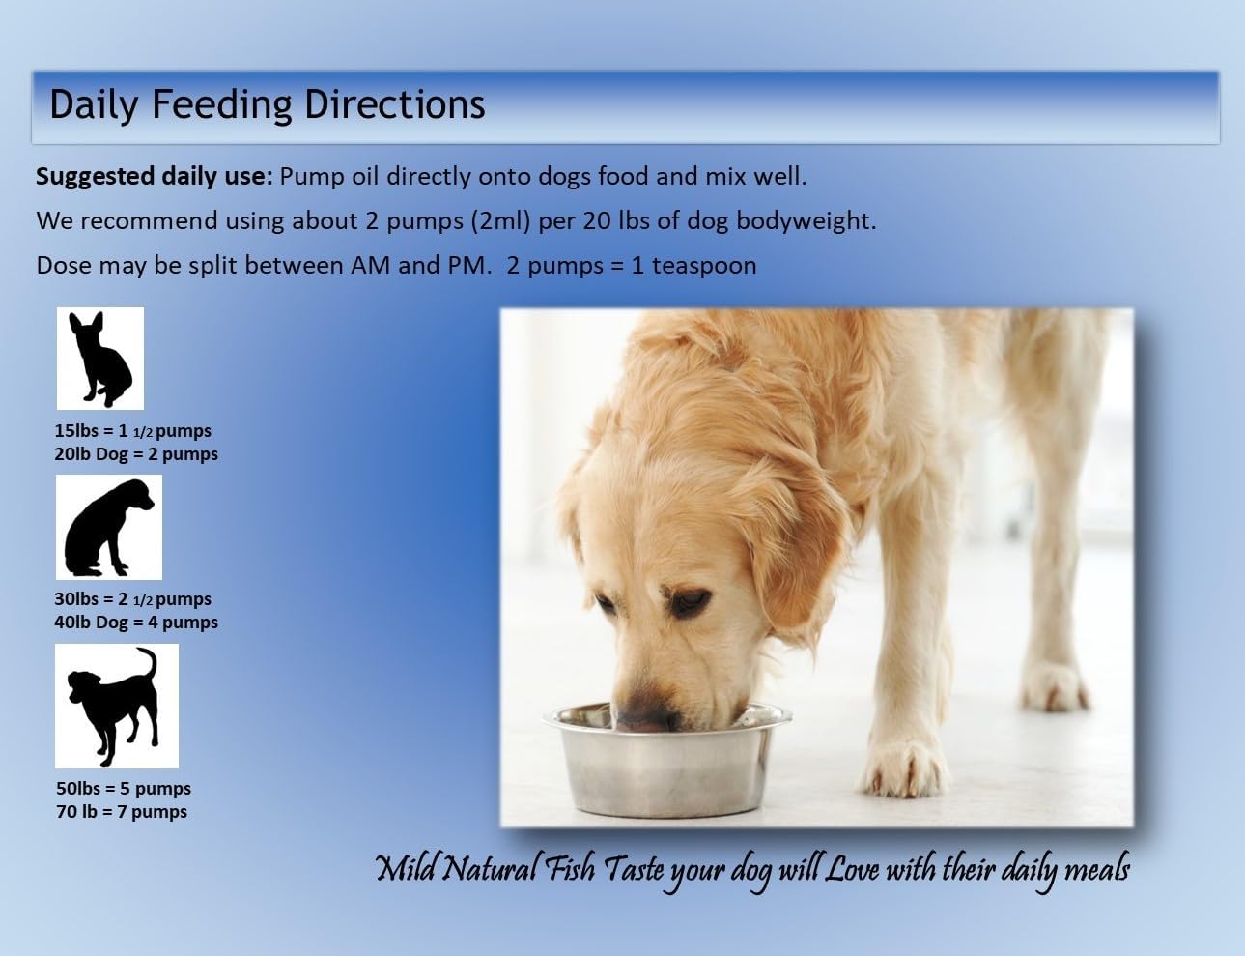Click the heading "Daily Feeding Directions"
click(x=267, y=104)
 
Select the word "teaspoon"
click(x=704, y=265)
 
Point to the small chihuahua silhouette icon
click(x=99, y=359)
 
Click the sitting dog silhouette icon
click(x=108, y=528)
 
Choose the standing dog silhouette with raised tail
click(x=116, y=706)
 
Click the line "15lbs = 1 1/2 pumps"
click(x=132, y=431)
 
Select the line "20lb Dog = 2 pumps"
click(x=136, y=454)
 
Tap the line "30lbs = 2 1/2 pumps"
click(x=132, y=599)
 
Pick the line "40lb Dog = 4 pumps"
click(x=136, y=623)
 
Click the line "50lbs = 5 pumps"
click(x=123, y=789)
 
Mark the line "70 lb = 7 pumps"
click(x=122, y=812)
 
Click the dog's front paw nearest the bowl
click(x=903, y=764)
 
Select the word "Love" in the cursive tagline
click(x=849, y=869)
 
